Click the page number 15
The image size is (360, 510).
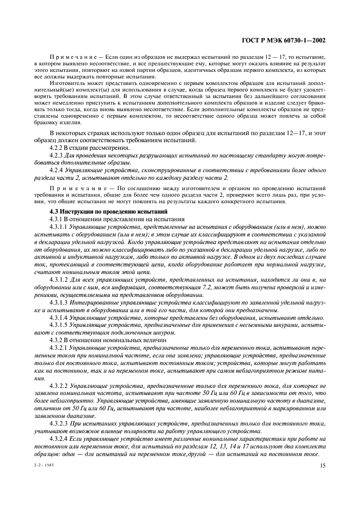coord(323,465)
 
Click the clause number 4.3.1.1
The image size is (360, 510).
coord(59,226)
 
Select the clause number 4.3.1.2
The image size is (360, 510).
coord(59,277)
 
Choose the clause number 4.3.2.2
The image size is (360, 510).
coord(59,384)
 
